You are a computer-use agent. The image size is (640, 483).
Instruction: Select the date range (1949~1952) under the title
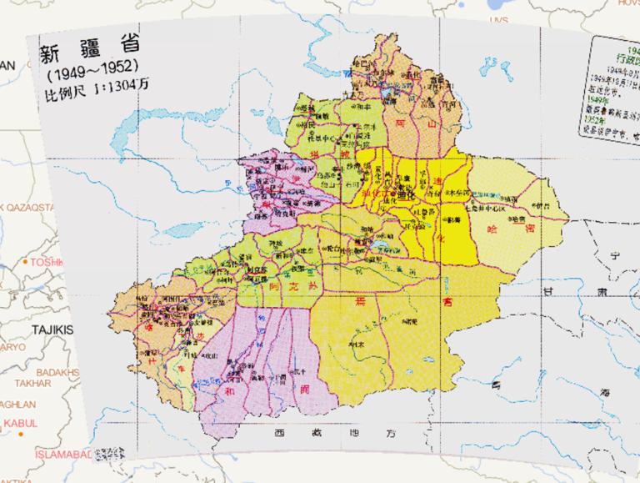tap(91, 73)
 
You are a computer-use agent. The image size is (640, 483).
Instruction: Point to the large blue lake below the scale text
tap(142, 133)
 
